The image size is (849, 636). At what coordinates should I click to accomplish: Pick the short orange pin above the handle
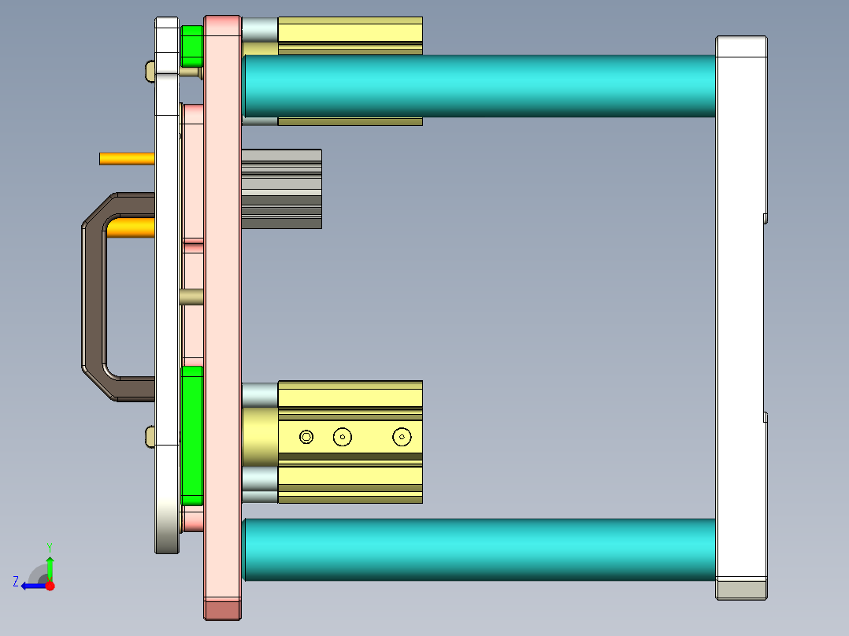(127, 158)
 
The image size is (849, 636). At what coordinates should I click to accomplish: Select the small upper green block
(191, 46)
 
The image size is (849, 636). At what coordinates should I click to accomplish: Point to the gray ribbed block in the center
(281, 189)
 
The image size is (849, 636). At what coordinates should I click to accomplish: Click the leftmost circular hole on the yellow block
(306, 436)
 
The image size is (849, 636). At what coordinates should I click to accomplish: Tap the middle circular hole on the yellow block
(342, 436)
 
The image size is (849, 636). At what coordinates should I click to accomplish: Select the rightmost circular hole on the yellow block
(402, 436)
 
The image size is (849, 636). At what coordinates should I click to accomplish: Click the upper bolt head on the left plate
(150, 71)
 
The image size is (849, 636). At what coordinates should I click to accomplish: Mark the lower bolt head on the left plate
(150, 435)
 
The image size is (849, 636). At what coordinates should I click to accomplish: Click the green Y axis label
(49, 546)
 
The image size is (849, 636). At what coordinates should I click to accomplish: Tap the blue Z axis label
(16, 582)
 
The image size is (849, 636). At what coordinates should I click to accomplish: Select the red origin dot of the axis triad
(50, 586)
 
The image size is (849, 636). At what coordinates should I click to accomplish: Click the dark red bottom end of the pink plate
(222, 610)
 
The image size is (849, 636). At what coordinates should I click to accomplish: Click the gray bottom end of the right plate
(740, 590)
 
